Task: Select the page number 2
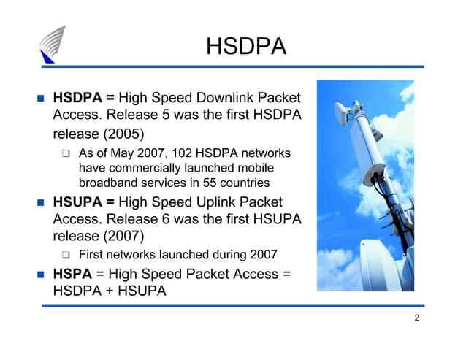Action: point(416,318)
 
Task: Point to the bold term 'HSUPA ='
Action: point(83,202)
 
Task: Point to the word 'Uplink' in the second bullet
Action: point(222,202)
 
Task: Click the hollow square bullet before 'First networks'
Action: point(66,256)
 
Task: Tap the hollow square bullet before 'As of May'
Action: point(66,154)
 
